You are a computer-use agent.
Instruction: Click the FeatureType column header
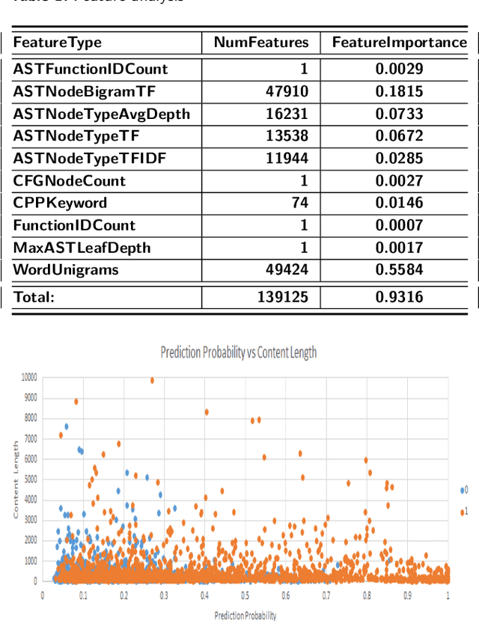coord(57,43)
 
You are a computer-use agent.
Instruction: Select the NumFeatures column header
coord(261,43)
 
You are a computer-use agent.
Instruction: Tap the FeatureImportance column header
coord(400,43)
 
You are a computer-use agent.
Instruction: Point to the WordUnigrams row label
coord(66,269)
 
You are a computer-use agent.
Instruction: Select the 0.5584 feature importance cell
coord(400,269)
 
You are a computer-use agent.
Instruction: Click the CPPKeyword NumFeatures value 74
coord(299,203)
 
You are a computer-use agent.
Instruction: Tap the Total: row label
coord(34,297)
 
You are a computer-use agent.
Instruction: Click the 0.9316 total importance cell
coord(400,297)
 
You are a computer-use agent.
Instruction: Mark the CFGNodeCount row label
coord(70,180)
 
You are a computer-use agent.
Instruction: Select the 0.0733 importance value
coord(400,114)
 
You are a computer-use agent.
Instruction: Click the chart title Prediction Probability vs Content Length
coord(238,353)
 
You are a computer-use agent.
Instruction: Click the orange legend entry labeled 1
coord(465,511)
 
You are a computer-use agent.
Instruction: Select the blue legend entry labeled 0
coord(465,490)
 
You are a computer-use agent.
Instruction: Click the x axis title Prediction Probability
coord(245,615)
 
